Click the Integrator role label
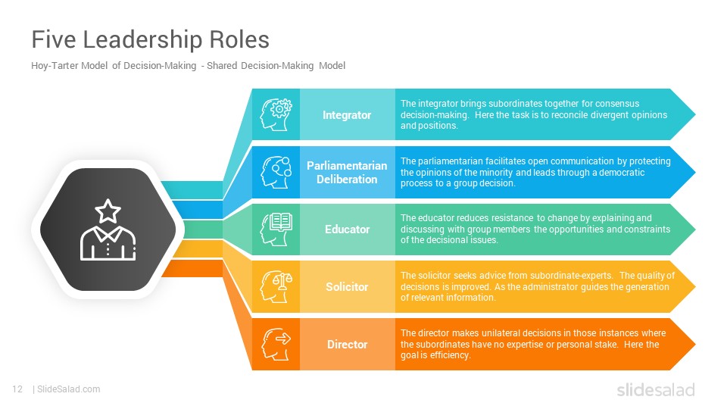click(347, 115)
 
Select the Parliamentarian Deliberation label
click(347, 173)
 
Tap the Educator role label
click(348, 229)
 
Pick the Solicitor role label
click(347, 287)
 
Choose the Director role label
click(348, 345)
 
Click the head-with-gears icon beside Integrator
click(276, 114)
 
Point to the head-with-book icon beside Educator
click(276, 229)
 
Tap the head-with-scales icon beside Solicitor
click(276, 286)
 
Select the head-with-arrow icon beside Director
click(276, 344)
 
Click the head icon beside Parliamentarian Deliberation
click(276, 172)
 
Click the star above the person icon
click(108, 211)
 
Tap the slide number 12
click(17, 389)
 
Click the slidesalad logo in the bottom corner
click(656, 389)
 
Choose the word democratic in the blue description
click(622, 173)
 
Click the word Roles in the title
click(239, 40)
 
